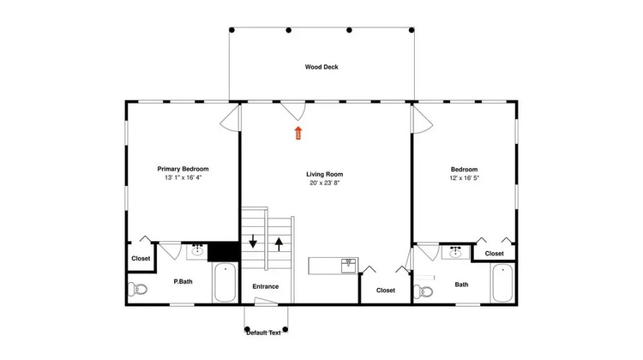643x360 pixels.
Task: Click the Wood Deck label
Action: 321,67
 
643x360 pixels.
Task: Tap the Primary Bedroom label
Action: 183,169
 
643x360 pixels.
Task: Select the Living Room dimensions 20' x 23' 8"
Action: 324,183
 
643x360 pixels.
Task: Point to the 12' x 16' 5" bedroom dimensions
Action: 464,178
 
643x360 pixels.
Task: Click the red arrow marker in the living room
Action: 298,133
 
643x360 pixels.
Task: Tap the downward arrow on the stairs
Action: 253,241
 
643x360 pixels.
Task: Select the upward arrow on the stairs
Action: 279,244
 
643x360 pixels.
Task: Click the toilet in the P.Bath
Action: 138,289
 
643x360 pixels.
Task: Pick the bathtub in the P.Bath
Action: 225,282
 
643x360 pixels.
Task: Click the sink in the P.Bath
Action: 198,251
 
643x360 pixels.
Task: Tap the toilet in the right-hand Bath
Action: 423,292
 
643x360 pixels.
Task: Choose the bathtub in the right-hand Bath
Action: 503,284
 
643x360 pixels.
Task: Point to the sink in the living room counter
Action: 349,265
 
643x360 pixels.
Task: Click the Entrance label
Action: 266,287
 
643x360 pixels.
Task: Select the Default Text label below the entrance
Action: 264,333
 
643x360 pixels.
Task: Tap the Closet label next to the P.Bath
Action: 140,258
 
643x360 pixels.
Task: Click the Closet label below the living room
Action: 385,290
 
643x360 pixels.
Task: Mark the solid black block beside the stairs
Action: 223,251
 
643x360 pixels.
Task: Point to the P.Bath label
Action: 183,282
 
